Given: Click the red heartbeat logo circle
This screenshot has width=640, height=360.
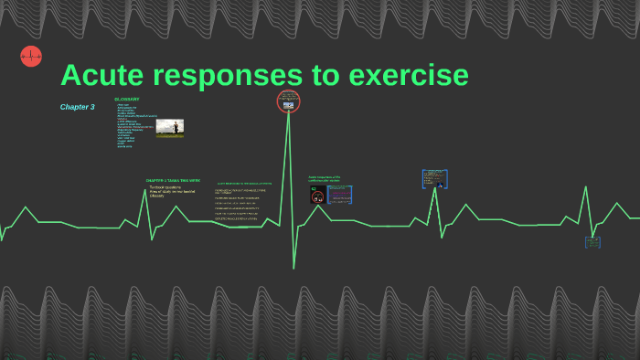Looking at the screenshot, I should point(31,57).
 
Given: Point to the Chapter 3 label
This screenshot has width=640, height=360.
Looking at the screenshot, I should point(78,107).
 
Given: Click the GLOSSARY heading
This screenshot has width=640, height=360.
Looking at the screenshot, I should point(127,99).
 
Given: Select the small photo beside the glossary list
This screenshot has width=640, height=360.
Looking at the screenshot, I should point(169,128).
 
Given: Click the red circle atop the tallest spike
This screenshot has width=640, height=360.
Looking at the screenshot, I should point(289,101).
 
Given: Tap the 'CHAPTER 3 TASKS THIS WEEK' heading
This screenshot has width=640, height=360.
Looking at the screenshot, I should point(173,180).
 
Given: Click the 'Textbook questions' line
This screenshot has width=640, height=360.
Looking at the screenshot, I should point(165,187).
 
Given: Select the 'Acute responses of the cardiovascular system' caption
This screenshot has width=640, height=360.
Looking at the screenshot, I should point(324,179).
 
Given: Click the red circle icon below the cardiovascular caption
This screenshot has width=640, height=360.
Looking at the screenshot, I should point(317,196).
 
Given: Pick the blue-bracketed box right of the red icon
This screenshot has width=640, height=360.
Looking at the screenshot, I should point(340,195).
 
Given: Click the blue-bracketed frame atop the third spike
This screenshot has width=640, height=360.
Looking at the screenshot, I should point(434,178).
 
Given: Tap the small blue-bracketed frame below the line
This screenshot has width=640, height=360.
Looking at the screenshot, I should point(592,242).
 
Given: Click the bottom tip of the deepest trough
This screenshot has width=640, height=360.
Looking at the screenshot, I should point(293,268).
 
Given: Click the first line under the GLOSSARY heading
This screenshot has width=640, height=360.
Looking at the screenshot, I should point(123,104).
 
